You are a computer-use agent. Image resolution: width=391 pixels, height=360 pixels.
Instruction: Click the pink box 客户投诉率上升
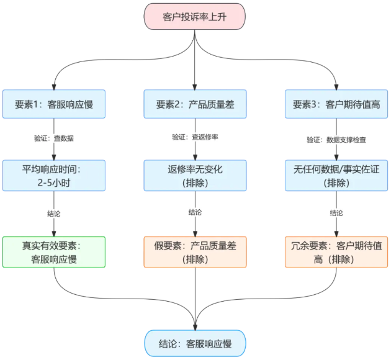tap(195, 16)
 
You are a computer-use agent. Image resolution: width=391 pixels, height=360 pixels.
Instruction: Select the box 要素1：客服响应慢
tap(54, 104)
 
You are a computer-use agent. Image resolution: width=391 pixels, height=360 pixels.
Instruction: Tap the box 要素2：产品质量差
tap(195, 104)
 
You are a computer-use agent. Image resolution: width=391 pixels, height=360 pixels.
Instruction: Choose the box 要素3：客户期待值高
tap(336, 104)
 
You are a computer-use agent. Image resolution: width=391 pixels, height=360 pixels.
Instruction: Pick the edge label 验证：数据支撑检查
tap(336, 140)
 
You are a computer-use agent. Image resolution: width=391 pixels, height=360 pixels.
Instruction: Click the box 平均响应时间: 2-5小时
tap(54, 175)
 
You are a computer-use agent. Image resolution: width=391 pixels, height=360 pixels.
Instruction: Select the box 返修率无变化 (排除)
tap(195, 175)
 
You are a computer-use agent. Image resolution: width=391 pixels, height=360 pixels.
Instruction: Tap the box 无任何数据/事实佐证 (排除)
tap(336, 175)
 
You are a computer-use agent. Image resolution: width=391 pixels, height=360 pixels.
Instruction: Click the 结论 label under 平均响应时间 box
tap(54, 212)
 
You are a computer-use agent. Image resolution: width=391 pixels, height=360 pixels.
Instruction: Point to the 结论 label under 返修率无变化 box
tap(195, 212)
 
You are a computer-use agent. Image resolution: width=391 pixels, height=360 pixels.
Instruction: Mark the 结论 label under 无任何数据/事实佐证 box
tap(336, 212)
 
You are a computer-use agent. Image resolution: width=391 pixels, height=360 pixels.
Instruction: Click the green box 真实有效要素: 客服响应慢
tap(54, 251)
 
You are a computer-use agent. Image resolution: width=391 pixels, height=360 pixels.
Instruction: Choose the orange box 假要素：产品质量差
tap(195, 251)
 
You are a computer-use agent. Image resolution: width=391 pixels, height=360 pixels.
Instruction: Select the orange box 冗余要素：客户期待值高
tap(336, 251)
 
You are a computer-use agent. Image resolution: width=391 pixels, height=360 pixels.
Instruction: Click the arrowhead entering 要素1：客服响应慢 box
tap(54, 86)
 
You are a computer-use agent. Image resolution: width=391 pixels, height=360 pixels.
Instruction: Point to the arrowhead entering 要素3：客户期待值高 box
tap(336, 86)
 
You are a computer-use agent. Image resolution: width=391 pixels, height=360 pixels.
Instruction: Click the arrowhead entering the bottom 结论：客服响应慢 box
tap(195, 325)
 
